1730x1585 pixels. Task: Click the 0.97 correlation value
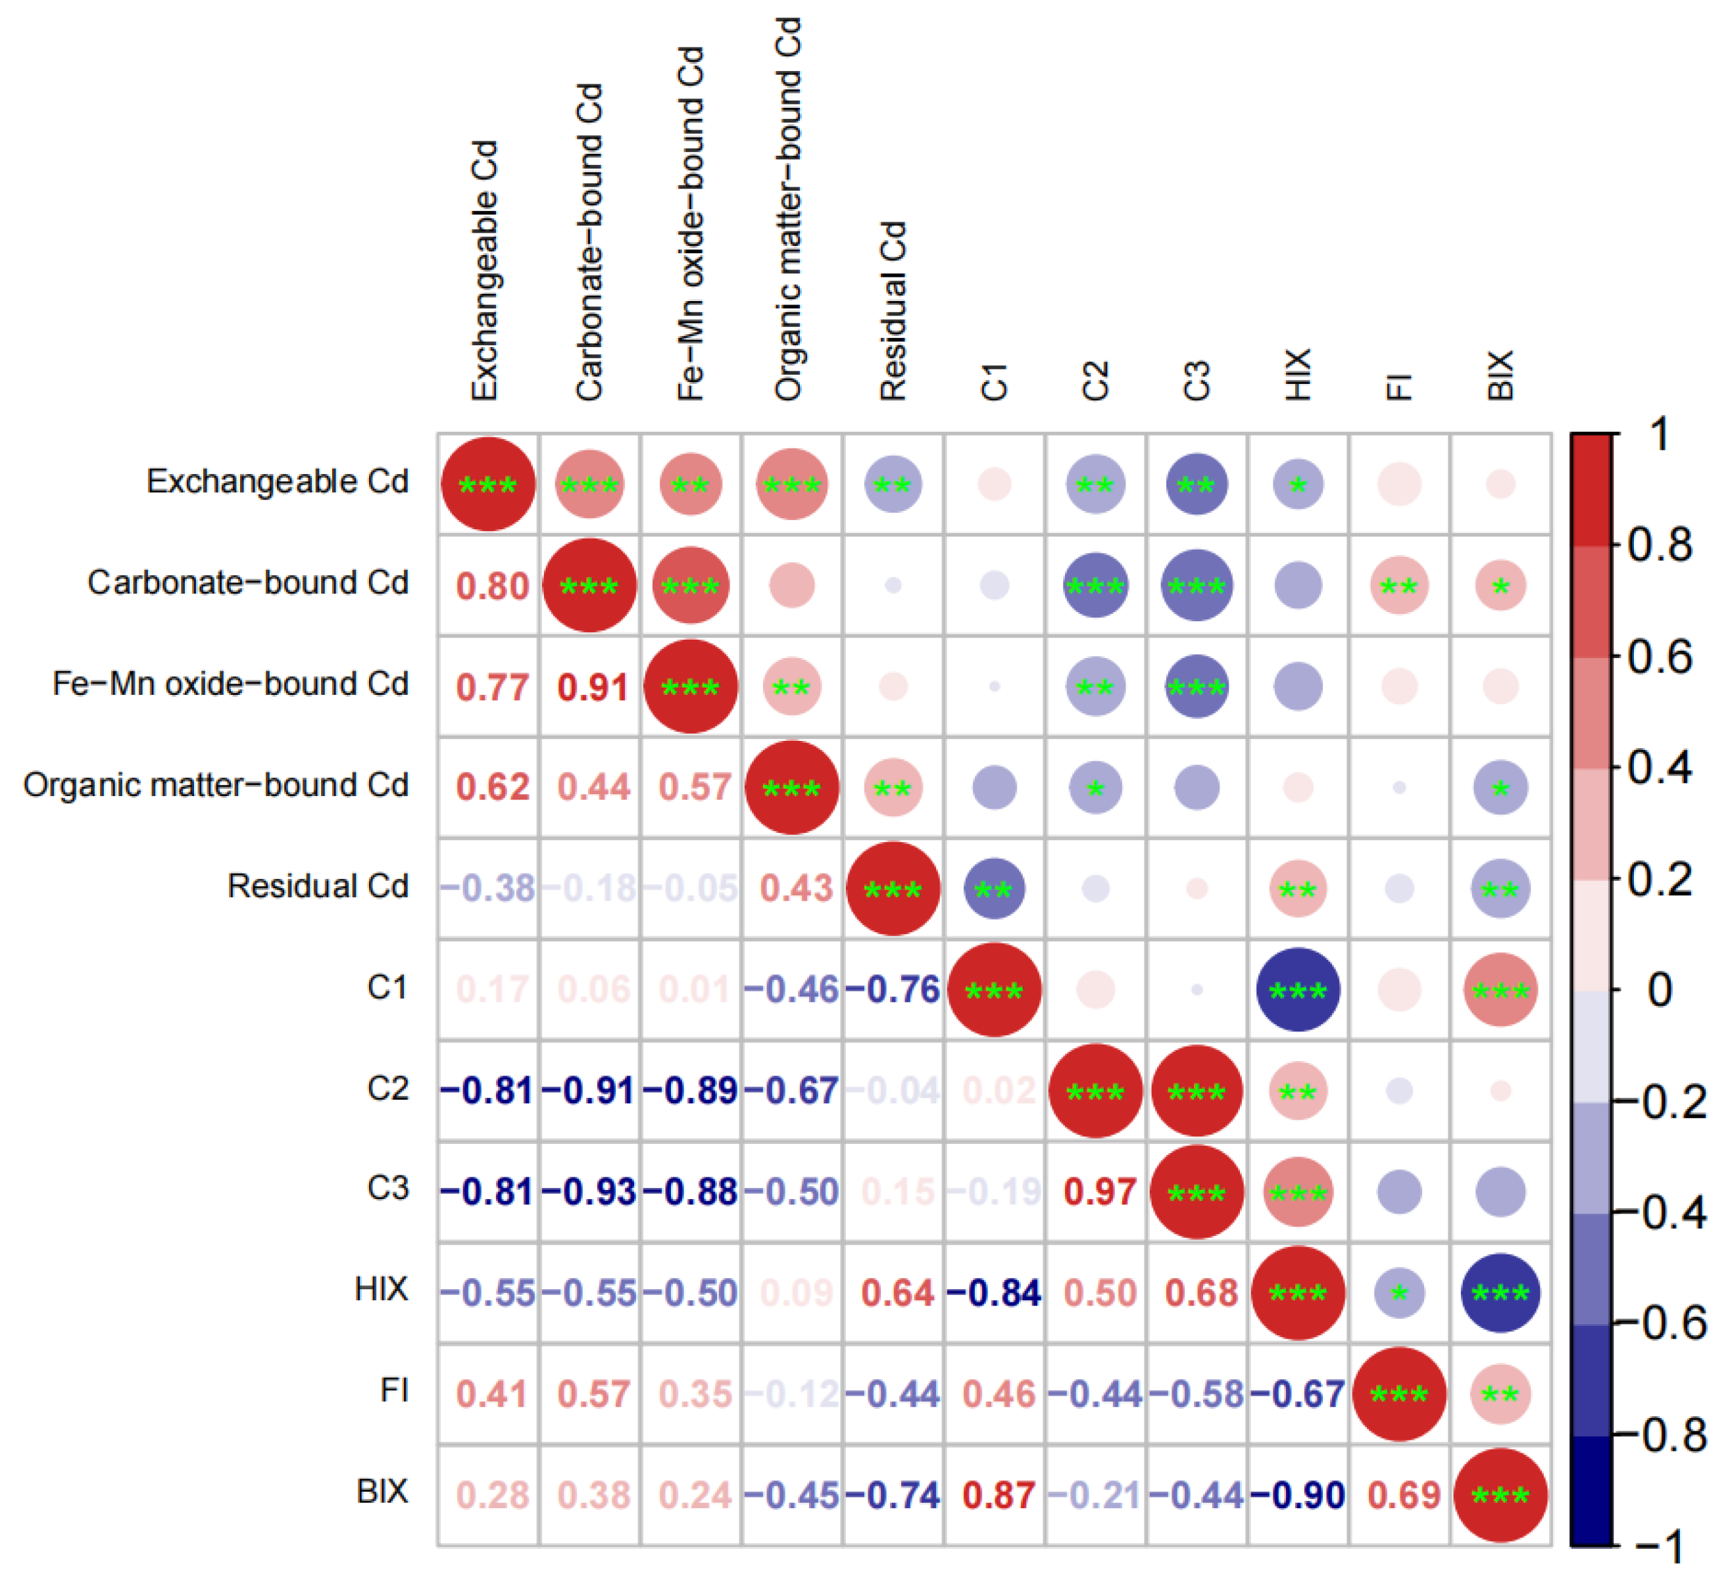tap(1099, 1192)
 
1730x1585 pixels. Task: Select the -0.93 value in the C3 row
tap(589, 1192)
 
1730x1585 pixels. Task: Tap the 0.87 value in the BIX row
tap(998, 1496)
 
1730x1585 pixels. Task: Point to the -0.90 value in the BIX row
tap(1297, 1496)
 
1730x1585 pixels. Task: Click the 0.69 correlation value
tap(1404, 1496)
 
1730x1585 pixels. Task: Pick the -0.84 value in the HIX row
tap(995, 1293)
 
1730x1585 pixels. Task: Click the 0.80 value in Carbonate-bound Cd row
tap(493, 586)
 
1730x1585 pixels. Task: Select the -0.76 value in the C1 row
tap(893, 990)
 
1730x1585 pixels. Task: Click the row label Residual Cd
tap(318, 886)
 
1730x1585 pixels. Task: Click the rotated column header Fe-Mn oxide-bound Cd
tap(691, 223)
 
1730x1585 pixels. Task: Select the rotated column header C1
tap(995, 382)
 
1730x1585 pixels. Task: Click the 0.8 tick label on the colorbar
tap(1660, 546)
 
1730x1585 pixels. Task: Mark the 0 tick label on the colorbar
tap(1660, 990)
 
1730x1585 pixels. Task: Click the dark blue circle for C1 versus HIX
tap(1297, 990)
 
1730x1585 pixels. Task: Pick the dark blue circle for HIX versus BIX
tap(1500, 1293)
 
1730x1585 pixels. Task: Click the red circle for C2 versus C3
tap(1197, 1091)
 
